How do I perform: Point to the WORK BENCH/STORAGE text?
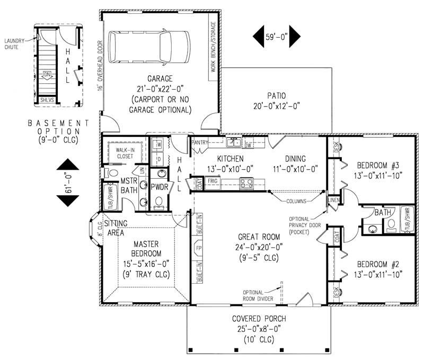pyautogui.click(x=214, y=47)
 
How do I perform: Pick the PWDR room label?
pyautogui.click(x=159, y=187)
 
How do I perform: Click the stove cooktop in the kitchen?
pyautogui.click(x=246, y=183)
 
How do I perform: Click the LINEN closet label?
pyautogui.click(x=333, y=200)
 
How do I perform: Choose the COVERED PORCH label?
pyautogui.click(x=259, y=319)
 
